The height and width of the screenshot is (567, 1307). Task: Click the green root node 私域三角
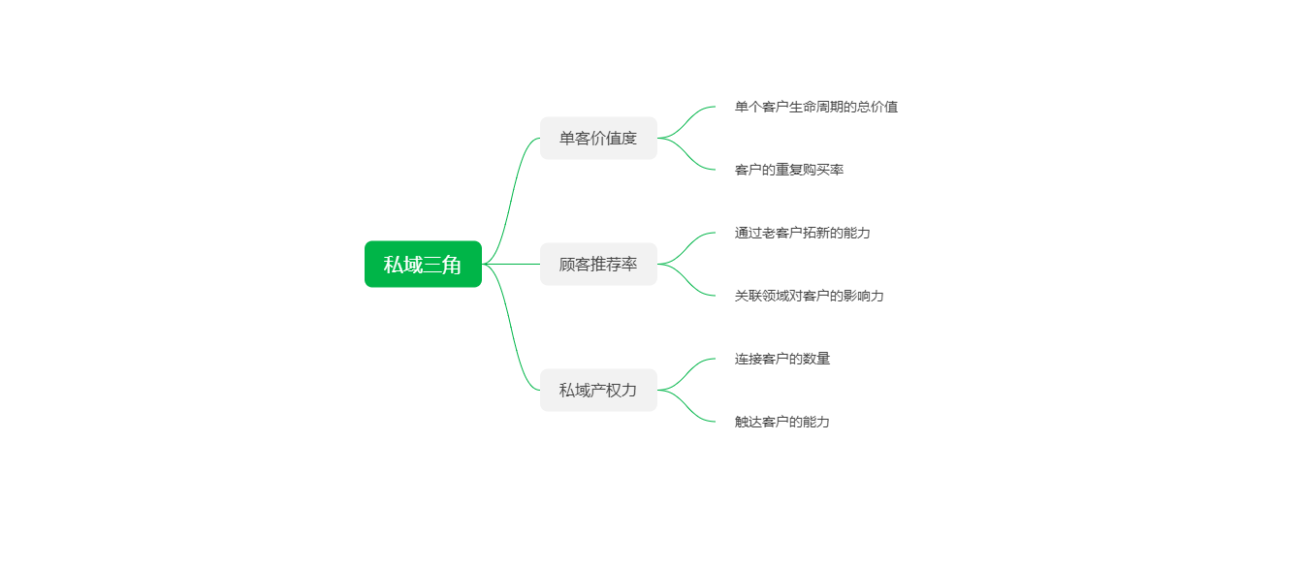pos(423,265)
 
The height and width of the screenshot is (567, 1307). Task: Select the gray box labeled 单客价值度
pos(598,139)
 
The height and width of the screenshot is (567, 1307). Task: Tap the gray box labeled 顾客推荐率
pos(598,265)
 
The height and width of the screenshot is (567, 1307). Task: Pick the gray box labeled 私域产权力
pos(598,391)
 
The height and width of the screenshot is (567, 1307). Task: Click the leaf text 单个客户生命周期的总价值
pos(816,107)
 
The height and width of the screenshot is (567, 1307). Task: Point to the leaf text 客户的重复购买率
pos(789,170)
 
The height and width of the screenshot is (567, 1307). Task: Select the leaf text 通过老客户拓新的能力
pos(802,233)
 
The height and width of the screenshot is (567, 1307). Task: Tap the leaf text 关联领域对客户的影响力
pos(810,296)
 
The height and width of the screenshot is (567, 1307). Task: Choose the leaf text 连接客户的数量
pos(781,359)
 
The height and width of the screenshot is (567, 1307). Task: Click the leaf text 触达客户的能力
pos(781,422)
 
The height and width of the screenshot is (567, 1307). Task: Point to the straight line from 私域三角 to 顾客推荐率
pos(511,265)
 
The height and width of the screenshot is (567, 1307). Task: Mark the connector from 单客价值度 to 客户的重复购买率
pos(686,155)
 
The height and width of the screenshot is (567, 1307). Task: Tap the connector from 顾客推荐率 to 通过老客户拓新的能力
pos(686,247)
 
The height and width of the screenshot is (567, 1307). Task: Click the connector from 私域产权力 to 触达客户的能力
pos(686,407)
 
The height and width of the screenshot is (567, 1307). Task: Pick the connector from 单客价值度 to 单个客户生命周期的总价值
pos(686,121)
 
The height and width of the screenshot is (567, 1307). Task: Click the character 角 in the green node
pos(452,265)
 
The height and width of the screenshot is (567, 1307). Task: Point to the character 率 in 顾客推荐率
pos(629,265)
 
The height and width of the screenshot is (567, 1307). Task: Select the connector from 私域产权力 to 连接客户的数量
pos(686,373)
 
